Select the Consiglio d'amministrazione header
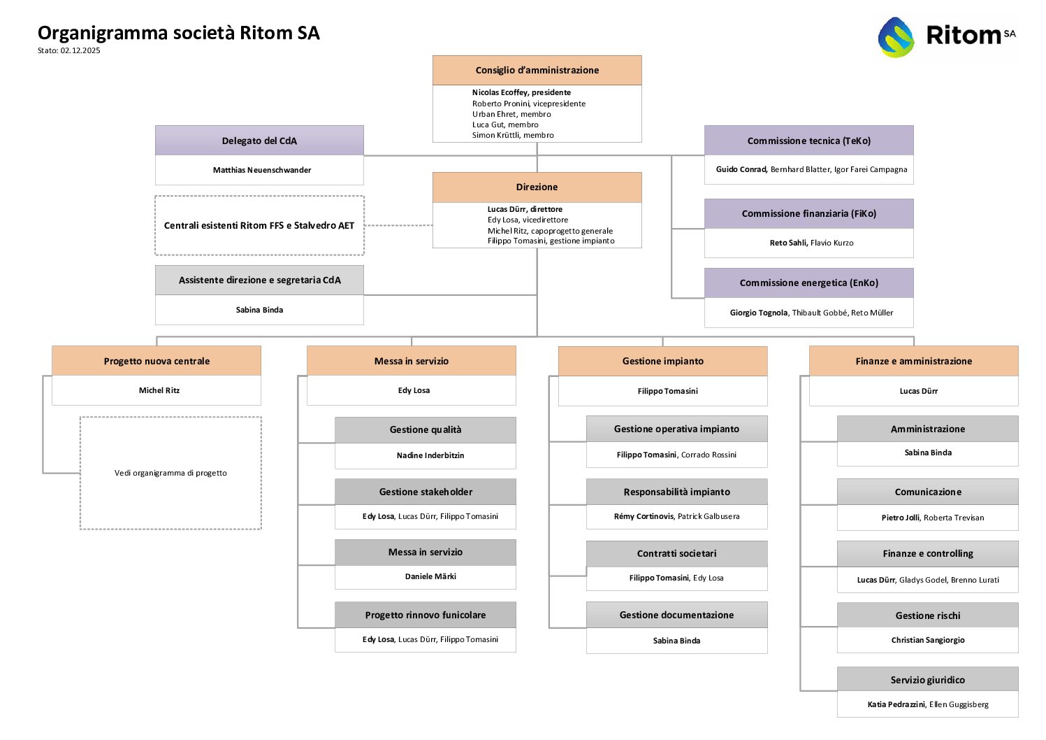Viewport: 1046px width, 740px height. pos(537,71)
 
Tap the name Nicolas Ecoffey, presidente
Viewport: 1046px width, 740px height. pos(521,92)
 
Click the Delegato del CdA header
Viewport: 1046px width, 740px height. pos(259,141)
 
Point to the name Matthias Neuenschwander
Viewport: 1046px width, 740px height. pos(262,170)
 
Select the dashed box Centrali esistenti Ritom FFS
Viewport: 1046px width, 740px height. pos(259,226)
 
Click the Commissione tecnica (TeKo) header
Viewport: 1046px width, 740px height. pos(808,141)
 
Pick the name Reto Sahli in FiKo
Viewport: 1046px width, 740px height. pos(788,243)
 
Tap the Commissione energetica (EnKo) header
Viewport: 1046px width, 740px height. pos(808,283)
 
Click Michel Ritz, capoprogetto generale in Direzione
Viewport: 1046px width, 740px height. pos(550,231)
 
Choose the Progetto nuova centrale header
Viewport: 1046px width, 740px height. pos(157,361)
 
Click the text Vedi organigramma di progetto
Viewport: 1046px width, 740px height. pos(170,474)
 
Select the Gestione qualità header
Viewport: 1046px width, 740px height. pos(425,429)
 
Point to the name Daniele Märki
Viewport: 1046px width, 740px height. pos(430,576)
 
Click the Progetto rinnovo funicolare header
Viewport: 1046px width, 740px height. pos(425,615)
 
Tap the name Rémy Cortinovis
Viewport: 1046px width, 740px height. pos(644,516)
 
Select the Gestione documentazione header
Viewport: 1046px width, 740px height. pos(676,615)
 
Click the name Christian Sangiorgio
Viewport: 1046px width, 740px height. pos(927,640)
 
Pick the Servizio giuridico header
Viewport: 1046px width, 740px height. pos(927,680)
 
